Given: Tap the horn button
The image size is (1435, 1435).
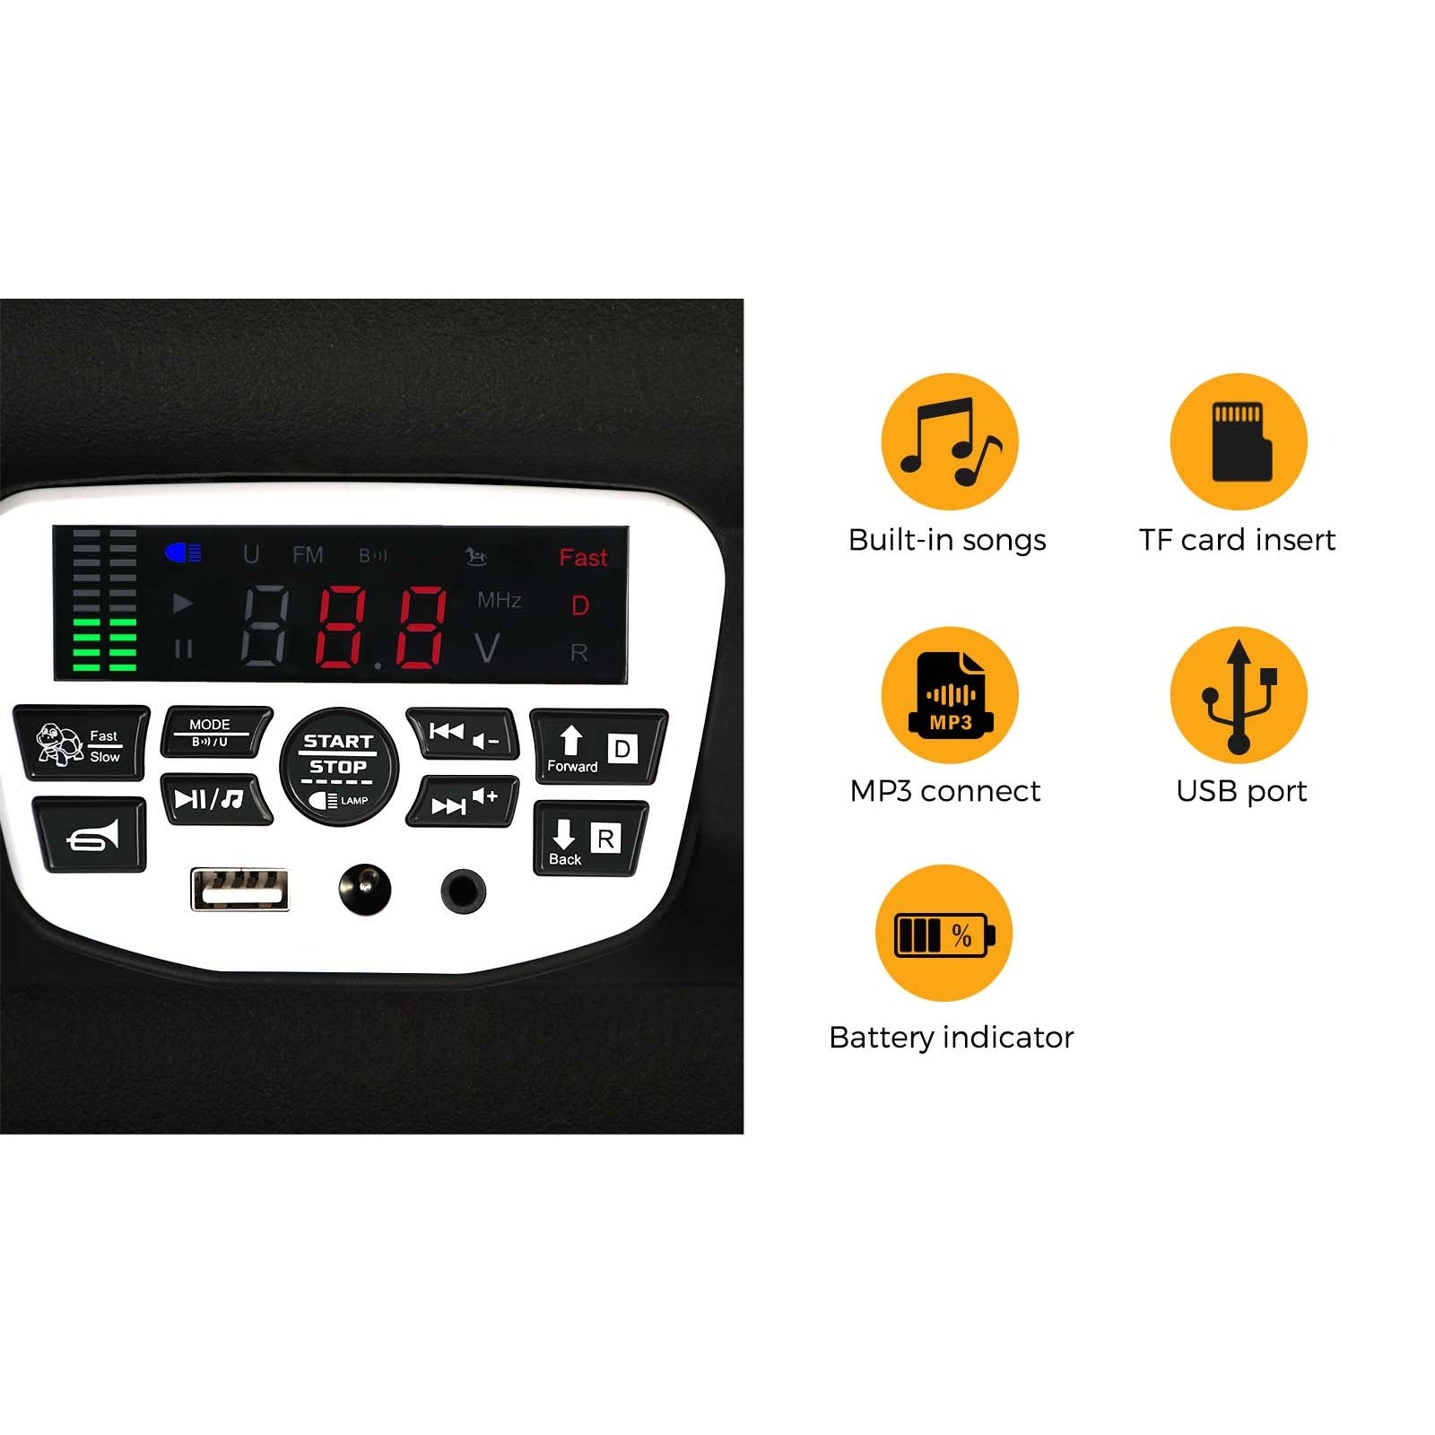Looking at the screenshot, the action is click(x=90, y=834).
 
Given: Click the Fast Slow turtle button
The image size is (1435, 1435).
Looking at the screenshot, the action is click(x=81, y=743).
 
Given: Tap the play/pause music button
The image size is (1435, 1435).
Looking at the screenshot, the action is click(x=215, y=798).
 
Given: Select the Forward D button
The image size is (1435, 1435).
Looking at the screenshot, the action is click(x=598, y=747).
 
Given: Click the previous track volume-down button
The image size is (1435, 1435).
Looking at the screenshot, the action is click(x=463, y=734).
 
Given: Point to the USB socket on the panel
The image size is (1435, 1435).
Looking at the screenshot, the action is click(x=239, y=890).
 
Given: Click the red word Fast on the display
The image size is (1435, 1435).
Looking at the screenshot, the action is click(x=583, y=558).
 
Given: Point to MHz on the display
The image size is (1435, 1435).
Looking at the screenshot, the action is click(x=500, y=600).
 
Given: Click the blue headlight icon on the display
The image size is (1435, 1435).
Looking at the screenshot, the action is click(x=183, y=553).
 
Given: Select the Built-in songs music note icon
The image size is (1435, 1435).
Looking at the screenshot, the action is click(x=950, y=442).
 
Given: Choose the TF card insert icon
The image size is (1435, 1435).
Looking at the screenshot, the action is click(x=1239, y=442).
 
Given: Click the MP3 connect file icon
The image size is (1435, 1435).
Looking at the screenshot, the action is click(x=950, y=695).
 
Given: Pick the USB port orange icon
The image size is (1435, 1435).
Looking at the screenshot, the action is click(x=1239, y=695).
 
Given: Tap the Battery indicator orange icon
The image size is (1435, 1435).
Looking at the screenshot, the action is click(x=944, y=933).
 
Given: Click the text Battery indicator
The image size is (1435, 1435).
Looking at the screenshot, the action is click(x=952, y=1038).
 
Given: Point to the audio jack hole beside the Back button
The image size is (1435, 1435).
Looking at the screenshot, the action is click(x=464, y=891).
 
